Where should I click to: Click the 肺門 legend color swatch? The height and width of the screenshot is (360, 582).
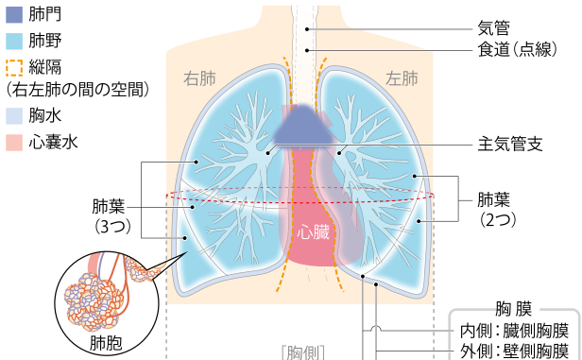pos(13,14)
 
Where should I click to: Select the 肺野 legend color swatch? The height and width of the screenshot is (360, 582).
pos(13,42)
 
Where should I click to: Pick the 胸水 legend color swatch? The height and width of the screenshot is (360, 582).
pos(13,116)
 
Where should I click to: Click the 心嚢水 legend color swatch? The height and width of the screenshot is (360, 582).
pos(13,143)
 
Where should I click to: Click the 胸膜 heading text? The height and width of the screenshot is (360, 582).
pos(513,310)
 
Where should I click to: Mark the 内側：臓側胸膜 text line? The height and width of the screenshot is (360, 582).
pos(513,332)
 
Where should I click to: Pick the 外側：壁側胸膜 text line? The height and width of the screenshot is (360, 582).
pos(513,351)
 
